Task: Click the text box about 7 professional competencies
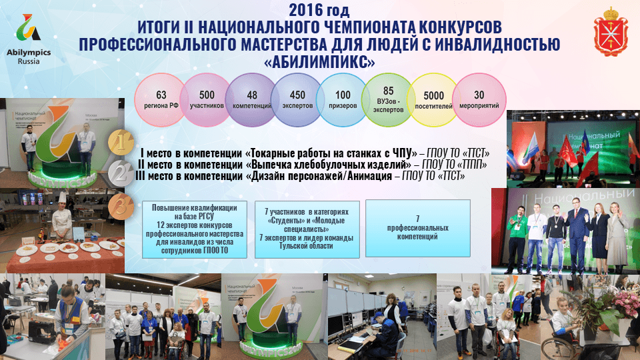point(417,227)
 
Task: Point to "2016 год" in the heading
point(319,11)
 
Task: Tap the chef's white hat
point(59,198)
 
